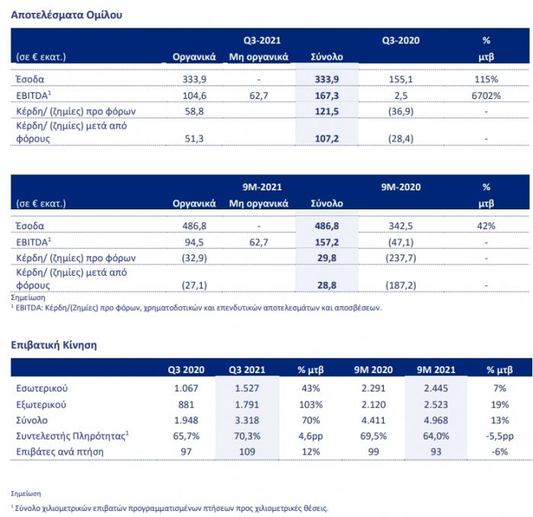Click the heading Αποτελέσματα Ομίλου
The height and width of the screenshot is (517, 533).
(x=67, y=15)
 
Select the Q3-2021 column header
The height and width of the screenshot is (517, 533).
(x=262, y=40)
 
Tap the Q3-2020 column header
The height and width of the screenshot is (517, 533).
(x=401, y=40)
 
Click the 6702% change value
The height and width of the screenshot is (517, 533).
(x=486, y=96)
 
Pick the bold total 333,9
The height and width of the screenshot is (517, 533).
(x=327, y=79)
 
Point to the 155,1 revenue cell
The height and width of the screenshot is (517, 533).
(x=401, y=79)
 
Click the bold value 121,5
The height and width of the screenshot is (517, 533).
(x=327, y=111)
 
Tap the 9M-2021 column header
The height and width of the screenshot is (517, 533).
(x=262, y=187)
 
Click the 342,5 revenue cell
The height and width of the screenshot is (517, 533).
(x=401, y=226)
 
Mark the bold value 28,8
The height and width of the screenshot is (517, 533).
(x=327, y=286)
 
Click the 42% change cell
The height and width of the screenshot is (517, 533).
(x=486, y=226)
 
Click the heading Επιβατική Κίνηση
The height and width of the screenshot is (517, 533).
(x=54, y=345)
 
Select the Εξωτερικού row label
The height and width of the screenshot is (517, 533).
(x=41, y=404)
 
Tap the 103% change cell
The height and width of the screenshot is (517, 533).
(x=311, y=404)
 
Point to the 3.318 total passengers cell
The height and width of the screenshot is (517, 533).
(x=247, y=420)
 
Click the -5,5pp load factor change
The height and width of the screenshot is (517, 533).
(x=499, y=436)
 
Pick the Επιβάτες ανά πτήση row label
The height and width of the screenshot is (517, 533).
(x=59, y=452)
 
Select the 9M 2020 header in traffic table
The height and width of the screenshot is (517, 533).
(x=373, y=370)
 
